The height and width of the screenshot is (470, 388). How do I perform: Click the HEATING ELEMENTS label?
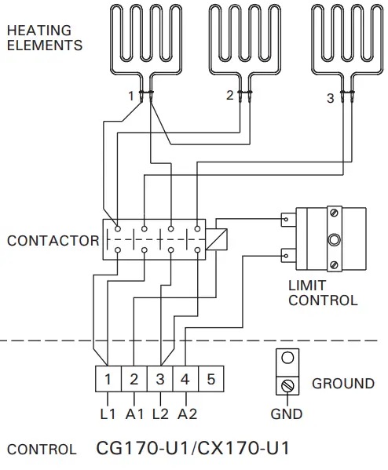[x=44, y=38]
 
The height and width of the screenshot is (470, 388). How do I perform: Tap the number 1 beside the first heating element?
[x=132, y=96]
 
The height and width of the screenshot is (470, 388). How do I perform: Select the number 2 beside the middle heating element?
[x=229, y=96]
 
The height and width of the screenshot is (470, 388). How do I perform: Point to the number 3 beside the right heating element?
[x=330, y=99]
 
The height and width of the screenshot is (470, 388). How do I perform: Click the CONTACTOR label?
[x=53, y=241]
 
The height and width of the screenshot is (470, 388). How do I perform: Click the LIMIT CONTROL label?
[x=323, y=293]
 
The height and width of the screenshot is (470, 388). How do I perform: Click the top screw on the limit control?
[x=334, y=213]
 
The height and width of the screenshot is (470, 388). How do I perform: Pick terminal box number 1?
[x=108, y=380]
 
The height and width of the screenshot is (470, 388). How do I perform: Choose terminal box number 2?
[x=134, y=380]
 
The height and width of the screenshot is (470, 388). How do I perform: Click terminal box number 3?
[x=159, y=380]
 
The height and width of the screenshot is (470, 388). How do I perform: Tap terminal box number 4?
[x=185, y=380]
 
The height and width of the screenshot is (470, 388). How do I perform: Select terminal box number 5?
[x=210, y=380]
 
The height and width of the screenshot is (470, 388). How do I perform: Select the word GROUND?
[x=343, y=384]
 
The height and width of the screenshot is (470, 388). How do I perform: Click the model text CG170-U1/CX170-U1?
[x=192, y=449]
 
